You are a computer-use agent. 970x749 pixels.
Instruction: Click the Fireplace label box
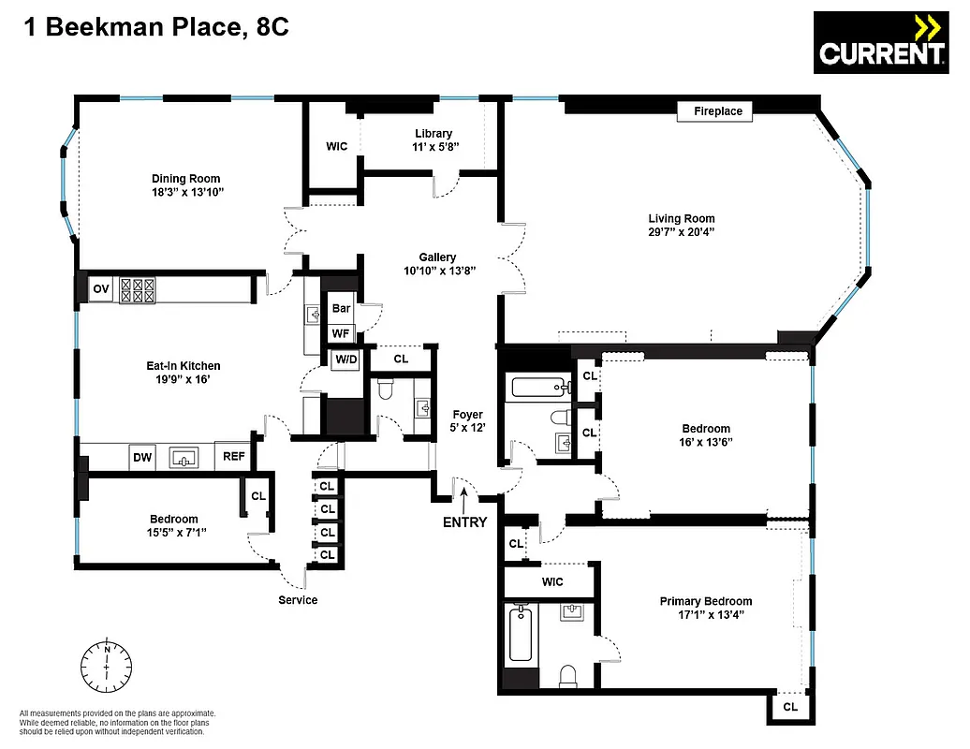pyautogui.click(x=717, y=111)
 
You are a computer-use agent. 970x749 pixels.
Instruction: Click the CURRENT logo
pyautogui.click(x=879, y=44)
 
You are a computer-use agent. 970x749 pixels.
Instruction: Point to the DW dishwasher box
pyautogui.click(x=142, y=458)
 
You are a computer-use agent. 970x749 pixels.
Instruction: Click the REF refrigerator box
pyautogui.click(x=232, y=458)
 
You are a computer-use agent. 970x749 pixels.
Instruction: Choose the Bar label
pyautogui.click(x=342, y=308)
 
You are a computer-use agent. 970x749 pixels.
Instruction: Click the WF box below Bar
pyautogui.click(x=340, y=332)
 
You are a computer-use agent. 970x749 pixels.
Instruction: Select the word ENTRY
pyautogui.click(x=464, y=522)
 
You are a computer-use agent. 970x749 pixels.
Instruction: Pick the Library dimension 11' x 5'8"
pyautogui.click(x=434, y=148)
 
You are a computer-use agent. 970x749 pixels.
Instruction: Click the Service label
pyautogui.click(x=298, y=600)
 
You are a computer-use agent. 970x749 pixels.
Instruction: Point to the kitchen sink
pyautogui.click(x=184, y=458)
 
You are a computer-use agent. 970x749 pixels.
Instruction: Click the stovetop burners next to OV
pyautogui.click(x=137, y=290)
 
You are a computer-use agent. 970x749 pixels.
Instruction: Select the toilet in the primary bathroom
pyautogui.click(x=567, y=675)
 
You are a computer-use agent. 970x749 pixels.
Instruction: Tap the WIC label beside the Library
pyautogui.click(x=336, y=147)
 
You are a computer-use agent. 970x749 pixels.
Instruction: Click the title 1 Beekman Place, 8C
pyautogui.click(x=148, y=28)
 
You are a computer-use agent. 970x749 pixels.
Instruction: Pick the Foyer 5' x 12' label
pyautogui.click(x=467, y=421)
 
